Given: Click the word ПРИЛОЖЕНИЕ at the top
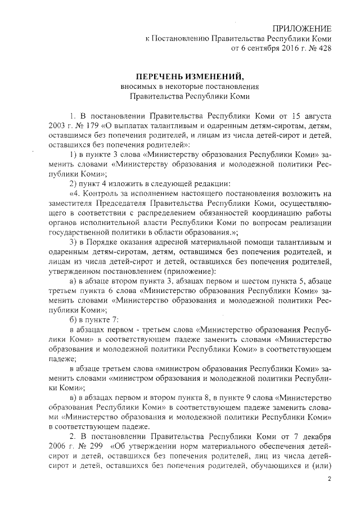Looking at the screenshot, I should pyautogui.click(x=302, y=29).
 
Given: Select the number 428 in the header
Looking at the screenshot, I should pyautogui.click(x=323, y=48).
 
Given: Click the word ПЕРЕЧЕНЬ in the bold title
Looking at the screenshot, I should pyautogui.click(x=161, y=76).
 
